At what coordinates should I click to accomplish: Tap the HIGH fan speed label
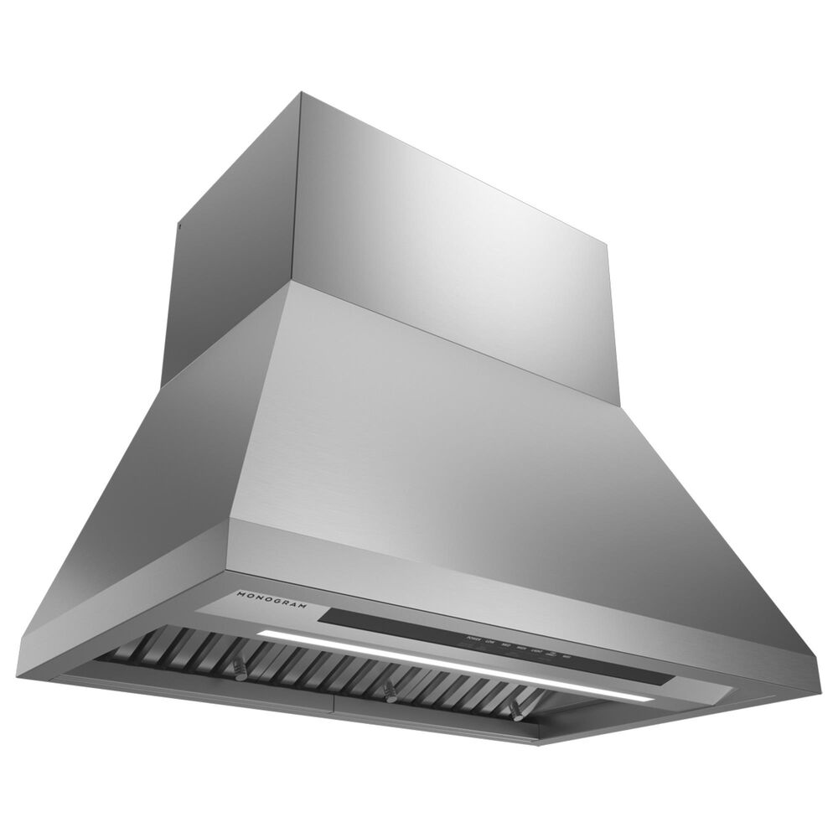click(522, 648)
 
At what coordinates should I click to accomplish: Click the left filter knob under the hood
click(241, 670)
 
